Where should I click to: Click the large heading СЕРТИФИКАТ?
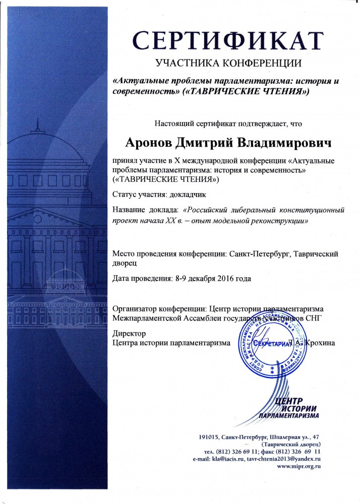click(227, 40)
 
